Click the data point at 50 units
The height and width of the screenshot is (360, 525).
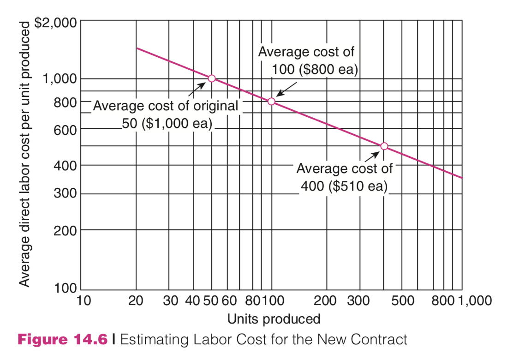click(x=212, y=78)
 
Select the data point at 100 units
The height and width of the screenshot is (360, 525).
click(x=271, y=101)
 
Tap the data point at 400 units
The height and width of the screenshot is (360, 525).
click(x=384, y=146)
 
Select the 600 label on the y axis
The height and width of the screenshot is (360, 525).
click(x=65, y=131)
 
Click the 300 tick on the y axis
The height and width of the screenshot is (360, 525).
click(x=65, y=194)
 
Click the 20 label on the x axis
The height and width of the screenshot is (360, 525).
click(x=136, y=301)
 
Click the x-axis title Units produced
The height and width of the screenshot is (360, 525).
click(x=274, y=319)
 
